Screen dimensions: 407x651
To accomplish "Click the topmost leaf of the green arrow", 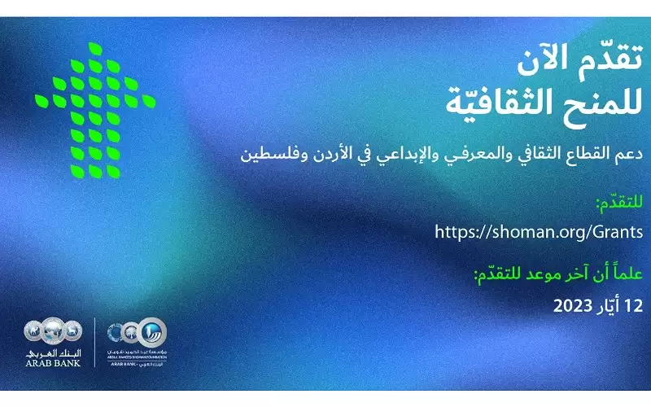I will coord(97,48).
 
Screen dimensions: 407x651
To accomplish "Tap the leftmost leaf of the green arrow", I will coord(41,99).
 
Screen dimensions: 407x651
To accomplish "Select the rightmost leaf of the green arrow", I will coord(150,101).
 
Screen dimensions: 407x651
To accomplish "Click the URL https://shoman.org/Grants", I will coord(539,231).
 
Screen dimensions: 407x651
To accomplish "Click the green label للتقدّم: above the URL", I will coord(619,201).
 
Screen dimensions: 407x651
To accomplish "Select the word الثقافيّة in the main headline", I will coord(509,102).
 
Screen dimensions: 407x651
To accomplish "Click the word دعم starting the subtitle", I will coord(627,152).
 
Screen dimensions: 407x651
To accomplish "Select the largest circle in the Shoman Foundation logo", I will coord(152,333).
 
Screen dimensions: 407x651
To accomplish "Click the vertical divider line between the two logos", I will coord(95,342).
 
